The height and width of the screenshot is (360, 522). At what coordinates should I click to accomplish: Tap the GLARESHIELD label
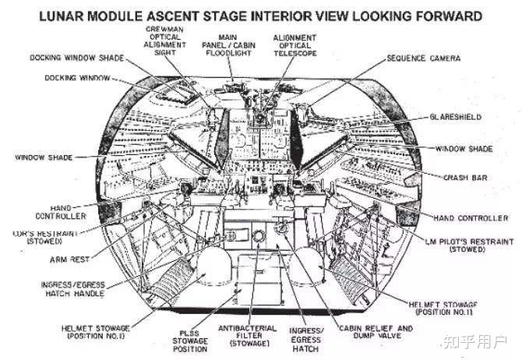click(455, 116)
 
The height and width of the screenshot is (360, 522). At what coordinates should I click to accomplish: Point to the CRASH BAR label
click(466, 178)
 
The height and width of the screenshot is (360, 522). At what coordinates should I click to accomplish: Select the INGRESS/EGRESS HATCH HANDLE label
click(73, 289)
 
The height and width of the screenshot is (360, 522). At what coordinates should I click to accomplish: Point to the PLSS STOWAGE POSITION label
click(188, 340)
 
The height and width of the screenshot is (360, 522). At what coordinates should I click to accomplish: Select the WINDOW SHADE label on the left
click(43, 157)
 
